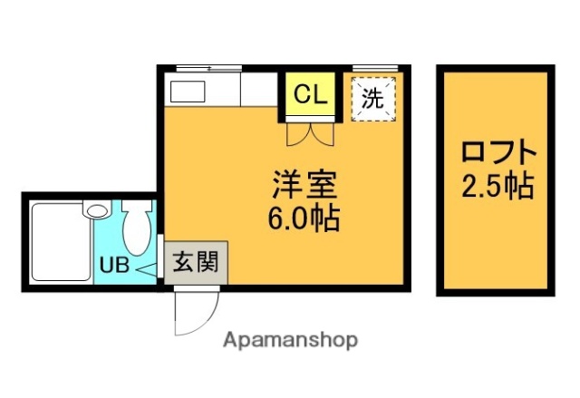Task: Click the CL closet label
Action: point(311,93)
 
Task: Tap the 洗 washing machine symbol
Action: point(372,98)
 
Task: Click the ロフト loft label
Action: point(497,151)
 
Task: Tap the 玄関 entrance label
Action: point(195,263)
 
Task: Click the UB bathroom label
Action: point(113,267)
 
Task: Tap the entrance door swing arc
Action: point(196,309)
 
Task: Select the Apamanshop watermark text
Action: point(289,340)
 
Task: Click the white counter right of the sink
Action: point(257,91)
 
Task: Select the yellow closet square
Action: point(311,96)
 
